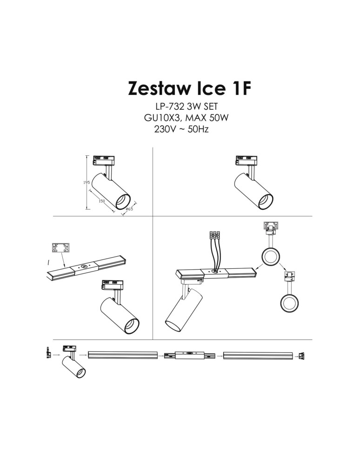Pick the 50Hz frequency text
(198, 129)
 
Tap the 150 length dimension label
(101, 200)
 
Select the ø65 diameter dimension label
(130, 210)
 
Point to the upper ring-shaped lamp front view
(270, 256)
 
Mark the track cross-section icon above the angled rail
(60, 248)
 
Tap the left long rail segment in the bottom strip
(123, 356)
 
